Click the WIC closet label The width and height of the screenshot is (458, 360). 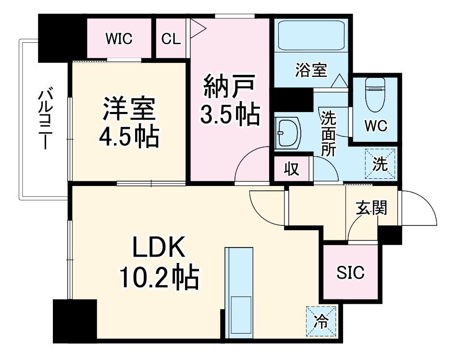coord(119,39)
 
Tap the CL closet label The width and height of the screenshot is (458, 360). coord(171,39)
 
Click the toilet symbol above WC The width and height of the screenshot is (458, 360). coord(375,94)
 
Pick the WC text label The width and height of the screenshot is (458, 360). coord(375,126)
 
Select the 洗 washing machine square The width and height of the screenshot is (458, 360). coord(380,163)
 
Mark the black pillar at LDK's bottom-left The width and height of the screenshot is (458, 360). coord(74,321)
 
